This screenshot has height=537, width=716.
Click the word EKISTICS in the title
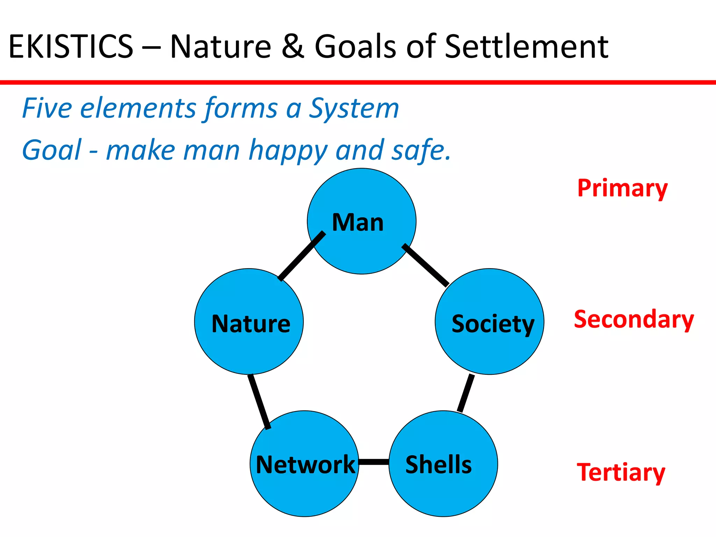(x=71, y=46)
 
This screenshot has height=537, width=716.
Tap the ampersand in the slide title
(x=293, y=46)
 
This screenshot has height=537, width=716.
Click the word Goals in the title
(x=355, y=46)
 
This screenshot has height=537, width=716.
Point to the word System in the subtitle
(x=354, y=108)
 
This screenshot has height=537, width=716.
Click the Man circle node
(x=361, y=221)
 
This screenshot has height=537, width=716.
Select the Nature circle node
(x=249, y=322)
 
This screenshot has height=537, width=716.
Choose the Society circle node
(x=489, y=322)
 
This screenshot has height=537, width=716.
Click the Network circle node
(x=305, y=464)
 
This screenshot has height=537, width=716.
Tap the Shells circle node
(x=443, y=464)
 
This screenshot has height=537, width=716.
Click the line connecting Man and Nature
(x=302, y=256)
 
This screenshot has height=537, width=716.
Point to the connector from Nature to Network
(x=259, y=402)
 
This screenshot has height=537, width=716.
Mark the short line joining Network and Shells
(x=374, y=462)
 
